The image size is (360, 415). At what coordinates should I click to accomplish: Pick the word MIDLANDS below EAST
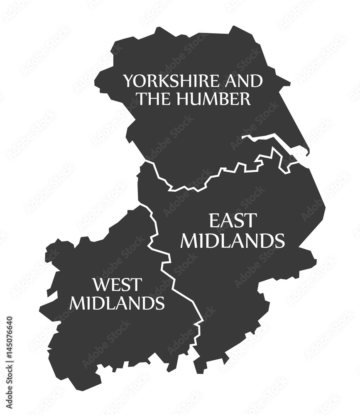click(x=233, y=241)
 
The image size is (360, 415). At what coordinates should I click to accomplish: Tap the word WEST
click(x=117, y=285)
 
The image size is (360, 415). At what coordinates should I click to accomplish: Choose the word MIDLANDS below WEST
click(x=117, y=303)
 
